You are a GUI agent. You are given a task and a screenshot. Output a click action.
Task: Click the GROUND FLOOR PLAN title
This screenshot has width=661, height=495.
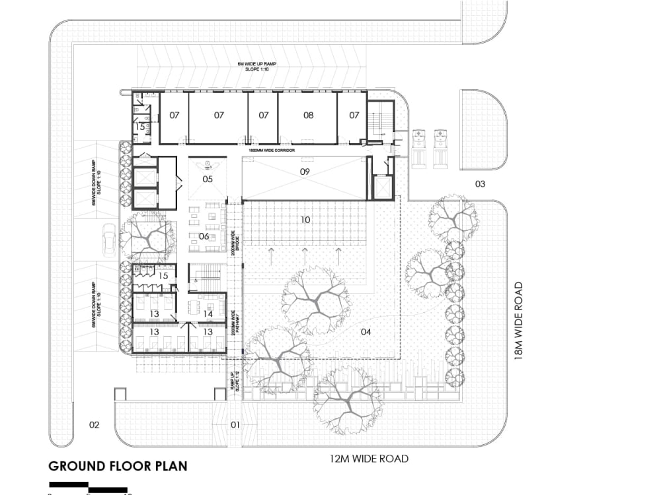click(118, 466)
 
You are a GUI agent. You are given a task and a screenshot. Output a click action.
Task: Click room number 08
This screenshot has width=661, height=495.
click(308, 115)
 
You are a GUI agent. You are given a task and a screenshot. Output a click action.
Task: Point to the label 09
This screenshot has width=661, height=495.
click(305, 172)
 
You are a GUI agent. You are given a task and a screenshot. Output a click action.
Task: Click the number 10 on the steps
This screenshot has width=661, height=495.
click(305, 220)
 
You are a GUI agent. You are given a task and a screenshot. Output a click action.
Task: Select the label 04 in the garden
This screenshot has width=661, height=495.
click(366, 331)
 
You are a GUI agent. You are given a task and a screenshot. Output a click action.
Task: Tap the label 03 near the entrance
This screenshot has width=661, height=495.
click(480, 183)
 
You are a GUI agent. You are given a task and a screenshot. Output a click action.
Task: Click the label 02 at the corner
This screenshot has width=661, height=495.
click(94, 424)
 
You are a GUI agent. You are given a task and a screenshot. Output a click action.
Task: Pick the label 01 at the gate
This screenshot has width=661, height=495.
click(235, 424)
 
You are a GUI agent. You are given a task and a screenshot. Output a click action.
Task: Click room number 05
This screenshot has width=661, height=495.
click(208, 179)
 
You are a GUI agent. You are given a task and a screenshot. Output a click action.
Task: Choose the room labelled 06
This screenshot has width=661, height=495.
click(204, 236)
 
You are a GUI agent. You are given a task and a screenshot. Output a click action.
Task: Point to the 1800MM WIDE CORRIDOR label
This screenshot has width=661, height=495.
click(271, 150)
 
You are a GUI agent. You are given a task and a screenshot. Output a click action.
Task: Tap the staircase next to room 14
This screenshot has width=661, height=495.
click(206, 277)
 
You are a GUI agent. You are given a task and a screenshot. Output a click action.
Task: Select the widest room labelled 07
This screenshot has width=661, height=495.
click(219, 115)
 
